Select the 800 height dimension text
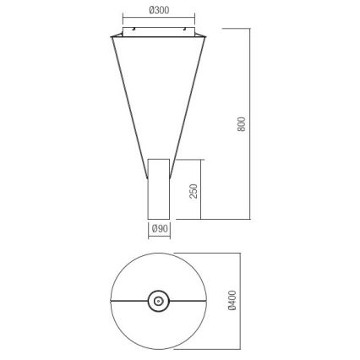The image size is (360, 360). [243, 123]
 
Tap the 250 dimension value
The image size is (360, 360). [194, 190]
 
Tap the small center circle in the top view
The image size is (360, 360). [158, 299]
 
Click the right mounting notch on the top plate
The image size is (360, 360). [188, 30]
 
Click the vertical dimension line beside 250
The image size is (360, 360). [201, 190]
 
